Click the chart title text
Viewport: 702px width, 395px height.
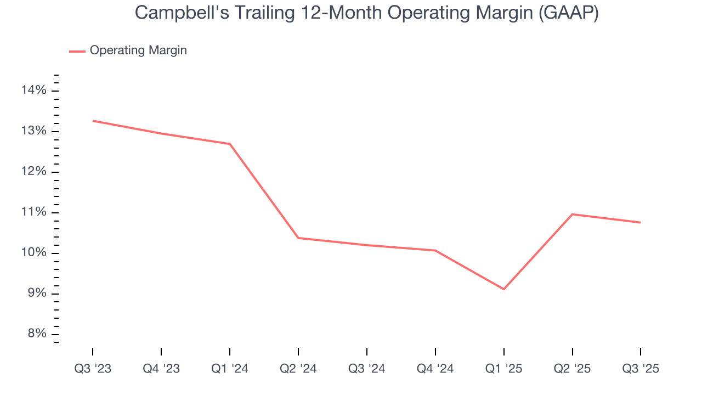pos(366,13)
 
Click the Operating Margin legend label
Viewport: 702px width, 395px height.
pos(138,50)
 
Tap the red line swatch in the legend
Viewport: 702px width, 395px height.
pos(77,51)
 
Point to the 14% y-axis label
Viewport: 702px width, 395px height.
pos(33,91)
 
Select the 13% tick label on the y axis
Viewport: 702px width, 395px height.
pos(33,131)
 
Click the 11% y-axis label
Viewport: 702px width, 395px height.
pos(33,212)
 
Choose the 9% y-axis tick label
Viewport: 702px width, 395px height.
pos(36,294)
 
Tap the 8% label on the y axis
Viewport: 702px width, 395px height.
pos(36,334)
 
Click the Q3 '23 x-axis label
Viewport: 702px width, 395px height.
pos(93,369)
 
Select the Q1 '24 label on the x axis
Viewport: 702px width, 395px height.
pos(230,369)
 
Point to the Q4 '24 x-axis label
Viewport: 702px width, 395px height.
pos(435,369)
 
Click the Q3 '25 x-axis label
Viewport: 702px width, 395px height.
pos(641,369)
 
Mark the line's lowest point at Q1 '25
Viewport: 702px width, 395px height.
pos(503,289)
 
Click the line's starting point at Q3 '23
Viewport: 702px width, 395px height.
pos(93,121)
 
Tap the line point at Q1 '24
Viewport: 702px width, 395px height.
pos(230,144)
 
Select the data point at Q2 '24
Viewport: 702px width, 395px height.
pos(298,238)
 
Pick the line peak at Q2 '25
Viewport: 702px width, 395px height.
pos(572,214)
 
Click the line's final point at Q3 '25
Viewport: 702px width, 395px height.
pos(641,222)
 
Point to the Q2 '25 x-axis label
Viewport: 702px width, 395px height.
pos(572,369)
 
